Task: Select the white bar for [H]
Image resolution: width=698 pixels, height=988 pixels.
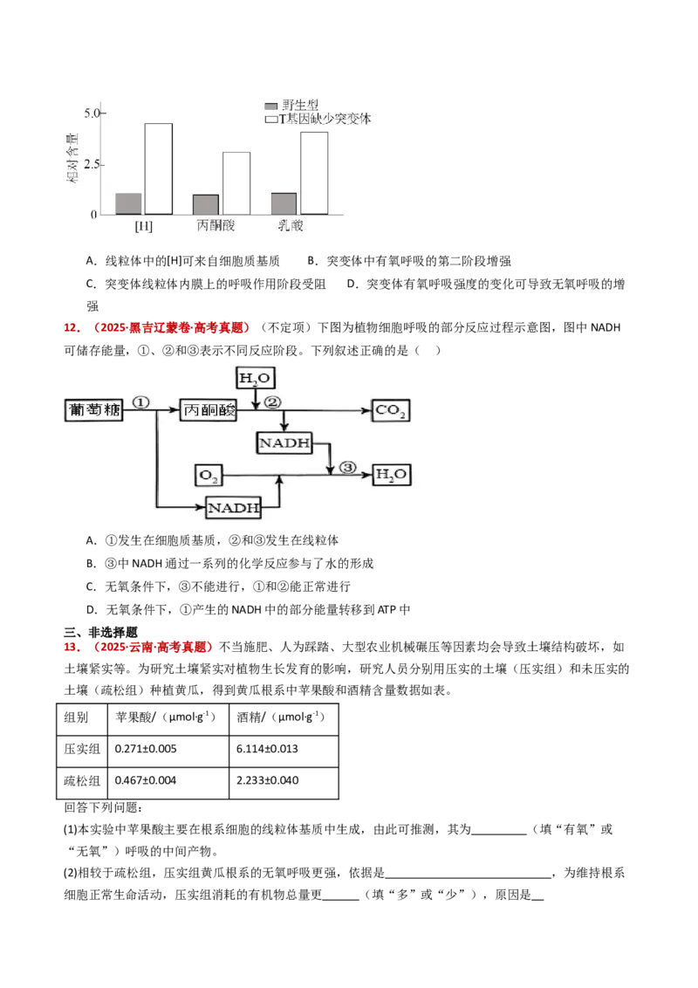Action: tap(158, 168)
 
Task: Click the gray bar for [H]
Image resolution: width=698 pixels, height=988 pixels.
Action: tap(128, 203)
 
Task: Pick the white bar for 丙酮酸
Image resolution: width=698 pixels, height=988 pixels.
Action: tap(236, 182)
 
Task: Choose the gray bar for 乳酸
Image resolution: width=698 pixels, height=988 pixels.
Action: tap(284, 203)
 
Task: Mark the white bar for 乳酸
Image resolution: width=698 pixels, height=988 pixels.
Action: tap(313, 173)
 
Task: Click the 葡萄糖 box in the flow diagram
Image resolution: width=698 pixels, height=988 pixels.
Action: tap(94, 410)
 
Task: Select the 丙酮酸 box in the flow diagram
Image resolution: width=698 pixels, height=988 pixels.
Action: tap(208, 410)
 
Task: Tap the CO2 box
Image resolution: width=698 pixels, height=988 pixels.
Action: tap(390, 410)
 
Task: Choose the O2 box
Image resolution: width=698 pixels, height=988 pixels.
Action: tap(208, 476)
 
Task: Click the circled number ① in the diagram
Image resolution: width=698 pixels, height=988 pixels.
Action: tap(142, 402)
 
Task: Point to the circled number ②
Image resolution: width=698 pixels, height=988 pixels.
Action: tap(272, 402)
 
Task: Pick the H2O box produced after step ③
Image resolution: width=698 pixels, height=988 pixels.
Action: tap(390, 476)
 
